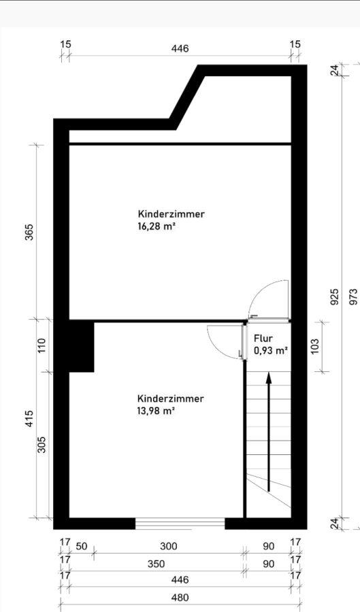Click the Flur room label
(263, 339)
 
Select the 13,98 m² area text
(155, 411)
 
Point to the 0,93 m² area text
(271, 350)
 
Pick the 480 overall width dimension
(180, 598)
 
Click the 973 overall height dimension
(353, 296)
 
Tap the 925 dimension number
(335, 297)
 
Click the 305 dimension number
(42, 444)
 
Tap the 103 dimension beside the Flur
(316, 346)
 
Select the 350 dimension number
(157, 564)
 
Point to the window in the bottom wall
(180, 524)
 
